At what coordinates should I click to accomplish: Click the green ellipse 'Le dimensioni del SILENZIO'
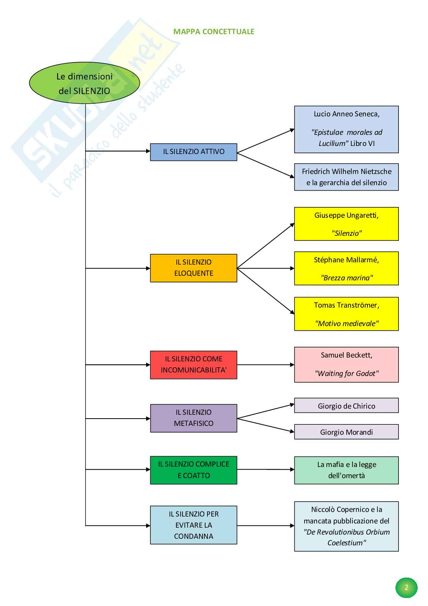(84, 83)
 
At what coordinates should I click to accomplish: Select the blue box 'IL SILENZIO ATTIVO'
(193, 152)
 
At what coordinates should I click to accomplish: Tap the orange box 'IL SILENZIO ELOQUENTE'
(193, 268)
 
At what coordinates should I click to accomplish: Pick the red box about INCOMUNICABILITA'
(193, 365)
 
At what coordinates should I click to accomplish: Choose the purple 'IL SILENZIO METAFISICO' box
(193, 418)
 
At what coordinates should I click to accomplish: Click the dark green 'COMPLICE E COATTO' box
(193, 470)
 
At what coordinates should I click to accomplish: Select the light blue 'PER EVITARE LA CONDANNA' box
(193, 525)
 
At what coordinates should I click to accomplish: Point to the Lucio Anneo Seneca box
(346, 129)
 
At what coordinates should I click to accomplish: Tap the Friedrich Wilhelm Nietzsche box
(346, 177)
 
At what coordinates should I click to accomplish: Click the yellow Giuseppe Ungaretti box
(346, 224)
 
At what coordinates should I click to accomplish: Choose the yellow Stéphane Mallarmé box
(346, 268)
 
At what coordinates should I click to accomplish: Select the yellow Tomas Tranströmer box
(346, 314)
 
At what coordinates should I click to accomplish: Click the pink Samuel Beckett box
(346, 364)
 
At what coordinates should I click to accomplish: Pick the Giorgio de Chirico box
(346, 406)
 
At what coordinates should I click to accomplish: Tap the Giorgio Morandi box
(346, 432)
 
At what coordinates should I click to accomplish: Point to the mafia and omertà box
(346, 470)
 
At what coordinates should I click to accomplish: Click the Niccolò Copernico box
(346, 526)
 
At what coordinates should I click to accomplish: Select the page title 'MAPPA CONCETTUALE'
(214, 31)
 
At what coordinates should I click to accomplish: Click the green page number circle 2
(406, 587)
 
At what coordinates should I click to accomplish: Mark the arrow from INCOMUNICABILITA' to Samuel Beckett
(265, 365)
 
